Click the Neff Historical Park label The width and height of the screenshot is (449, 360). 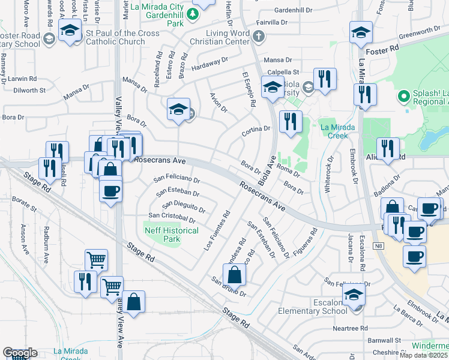point(172,235)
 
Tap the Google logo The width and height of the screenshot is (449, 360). point(20,353)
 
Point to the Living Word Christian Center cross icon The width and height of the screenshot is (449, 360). point(259,37)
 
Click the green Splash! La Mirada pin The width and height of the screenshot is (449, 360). point(403,95)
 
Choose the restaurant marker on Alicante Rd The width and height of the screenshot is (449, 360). point(388,149)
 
